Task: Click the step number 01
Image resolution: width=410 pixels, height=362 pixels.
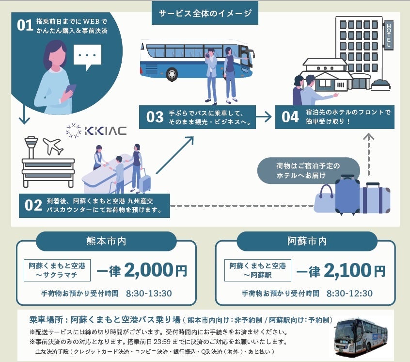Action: point(25,26)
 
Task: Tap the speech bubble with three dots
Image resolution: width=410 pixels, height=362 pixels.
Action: point(87,55)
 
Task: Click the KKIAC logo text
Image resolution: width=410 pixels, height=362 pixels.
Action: point(105,131)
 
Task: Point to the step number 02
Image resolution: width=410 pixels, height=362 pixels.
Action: point(33,206)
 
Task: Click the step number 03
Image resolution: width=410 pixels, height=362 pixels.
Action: point(155,117)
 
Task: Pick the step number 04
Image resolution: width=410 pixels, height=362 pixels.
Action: point(290,117)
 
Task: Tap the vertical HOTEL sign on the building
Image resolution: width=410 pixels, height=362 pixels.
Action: point(388,35)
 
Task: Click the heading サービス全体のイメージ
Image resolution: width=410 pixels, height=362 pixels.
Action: point(205,13)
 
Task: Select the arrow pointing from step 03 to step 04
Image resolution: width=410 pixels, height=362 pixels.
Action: point(264,116)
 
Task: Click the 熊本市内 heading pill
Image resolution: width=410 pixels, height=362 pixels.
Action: point(106,241)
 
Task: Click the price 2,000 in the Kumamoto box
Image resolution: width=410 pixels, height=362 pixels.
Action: point(148,270)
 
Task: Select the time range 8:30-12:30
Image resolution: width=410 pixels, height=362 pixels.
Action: point(349,294)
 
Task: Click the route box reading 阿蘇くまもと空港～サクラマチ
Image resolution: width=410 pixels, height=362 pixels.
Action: point(57,270)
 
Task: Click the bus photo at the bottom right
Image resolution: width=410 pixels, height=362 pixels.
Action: point(363,335)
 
